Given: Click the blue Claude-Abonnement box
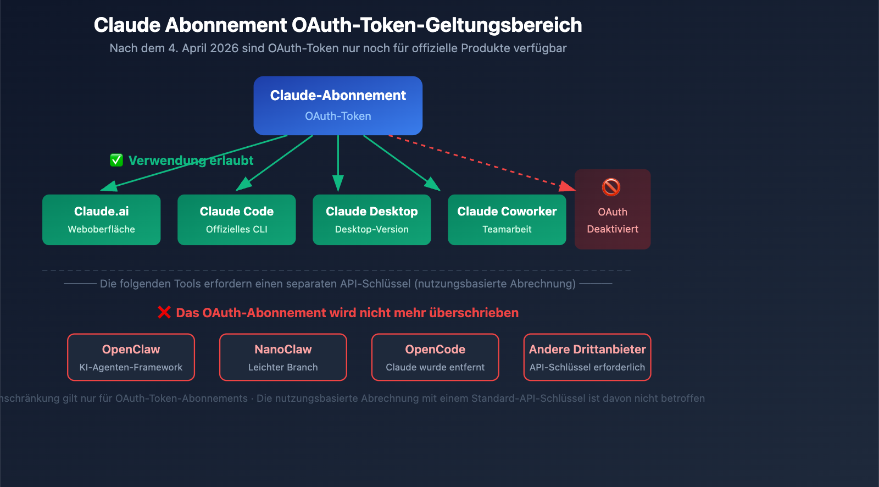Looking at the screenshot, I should (338, 106).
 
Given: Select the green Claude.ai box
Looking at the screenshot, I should (102, 220).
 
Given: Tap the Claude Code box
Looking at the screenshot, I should (237, 220).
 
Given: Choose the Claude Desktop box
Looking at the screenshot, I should (372, 220).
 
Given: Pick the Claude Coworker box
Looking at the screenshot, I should (507, 220).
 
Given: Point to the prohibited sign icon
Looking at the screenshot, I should (611, 187).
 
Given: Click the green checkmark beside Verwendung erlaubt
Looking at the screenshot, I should (116, 161).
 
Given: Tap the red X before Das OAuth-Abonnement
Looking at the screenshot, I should (164, 312).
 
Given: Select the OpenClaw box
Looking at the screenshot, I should (131, 357).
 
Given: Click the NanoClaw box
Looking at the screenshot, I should (283, 357).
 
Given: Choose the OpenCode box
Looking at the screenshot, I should (435, 357).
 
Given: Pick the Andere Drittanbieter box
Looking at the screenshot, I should (587, 357).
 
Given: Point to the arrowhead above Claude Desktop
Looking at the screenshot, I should (338, 184).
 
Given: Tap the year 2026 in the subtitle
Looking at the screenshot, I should (224, 48).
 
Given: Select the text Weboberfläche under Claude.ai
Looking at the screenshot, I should (102, 229).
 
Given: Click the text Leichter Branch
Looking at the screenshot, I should (283, 367).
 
